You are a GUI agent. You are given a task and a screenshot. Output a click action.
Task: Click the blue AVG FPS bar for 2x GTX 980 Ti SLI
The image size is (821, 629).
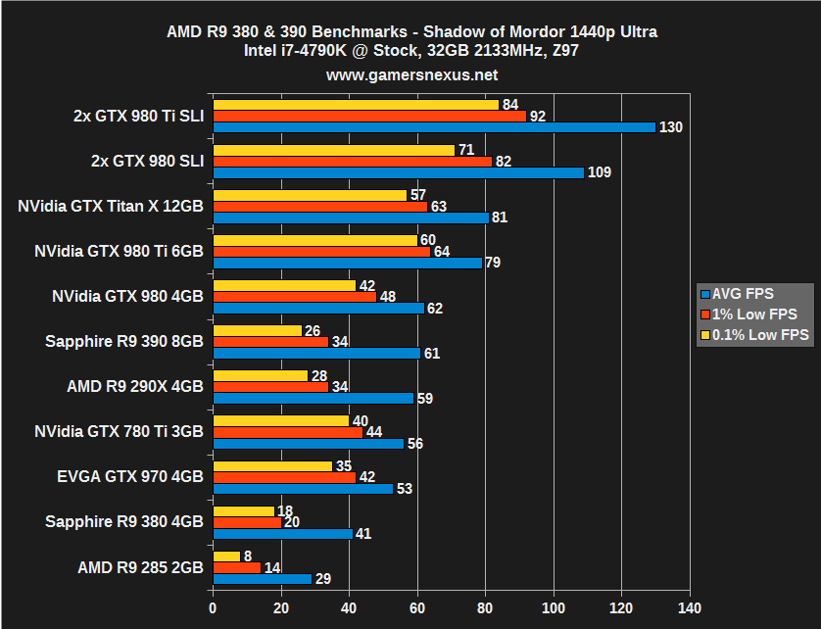click(x=434, y=127)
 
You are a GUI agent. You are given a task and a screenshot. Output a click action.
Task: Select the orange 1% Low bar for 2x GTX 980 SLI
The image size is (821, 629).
click(x=352, y=161)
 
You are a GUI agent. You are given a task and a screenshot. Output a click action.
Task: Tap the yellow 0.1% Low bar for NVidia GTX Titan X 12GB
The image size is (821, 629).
click(x=310, y=195)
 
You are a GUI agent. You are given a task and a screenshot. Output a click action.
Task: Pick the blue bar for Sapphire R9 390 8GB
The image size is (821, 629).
click(x=316, y=353)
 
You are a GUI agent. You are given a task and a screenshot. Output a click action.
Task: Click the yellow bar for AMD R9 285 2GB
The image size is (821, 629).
click(x=226, y=556)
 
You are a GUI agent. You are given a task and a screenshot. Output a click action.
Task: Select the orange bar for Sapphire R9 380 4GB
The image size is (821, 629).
click(x=247, y=522)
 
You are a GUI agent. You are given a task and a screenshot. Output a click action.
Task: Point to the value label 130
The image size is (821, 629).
click(x=671, y=127)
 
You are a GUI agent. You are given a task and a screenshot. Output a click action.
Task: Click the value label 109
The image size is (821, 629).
click(x=600, y=172)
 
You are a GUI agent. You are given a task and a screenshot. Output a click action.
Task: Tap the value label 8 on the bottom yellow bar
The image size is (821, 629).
click(x=248, y=556)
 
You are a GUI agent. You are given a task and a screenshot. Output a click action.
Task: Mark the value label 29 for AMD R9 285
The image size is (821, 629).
click(x=324, y=579)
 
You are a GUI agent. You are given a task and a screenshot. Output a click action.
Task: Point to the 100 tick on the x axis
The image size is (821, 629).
click(x=555, y=607)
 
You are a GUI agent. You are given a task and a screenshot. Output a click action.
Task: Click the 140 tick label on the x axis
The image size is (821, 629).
click(x=691, y=607)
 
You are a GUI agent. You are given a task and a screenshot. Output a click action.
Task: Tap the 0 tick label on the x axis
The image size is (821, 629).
click(x=213, y=607)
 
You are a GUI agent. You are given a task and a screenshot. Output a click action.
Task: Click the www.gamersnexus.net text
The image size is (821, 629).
click(x=411, y=74)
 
